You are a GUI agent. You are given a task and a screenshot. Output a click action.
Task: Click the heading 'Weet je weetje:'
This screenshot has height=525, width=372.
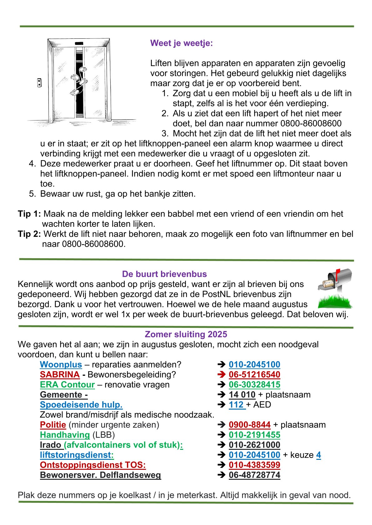(x=181, y=43)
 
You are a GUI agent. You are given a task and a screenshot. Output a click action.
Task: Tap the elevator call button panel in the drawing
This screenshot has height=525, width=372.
(x=39, y=83)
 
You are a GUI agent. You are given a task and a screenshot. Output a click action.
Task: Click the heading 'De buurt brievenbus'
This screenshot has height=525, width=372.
(x=164, y=274)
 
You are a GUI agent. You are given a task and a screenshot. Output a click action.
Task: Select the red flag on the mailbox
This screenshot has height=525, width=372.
(x=338, y=273)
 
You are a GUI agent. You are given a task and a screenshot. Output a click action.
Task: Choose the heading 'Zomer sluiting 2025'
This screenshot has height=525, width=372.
(x=186, y=334)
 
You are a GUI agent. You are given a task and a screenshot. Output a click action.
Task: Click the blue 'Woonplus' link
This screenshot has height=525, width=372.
(x=61, y=364)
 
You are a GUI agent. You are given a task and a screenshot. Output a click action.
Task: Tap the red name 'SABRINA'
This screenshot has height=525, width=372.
(x=60, y=374)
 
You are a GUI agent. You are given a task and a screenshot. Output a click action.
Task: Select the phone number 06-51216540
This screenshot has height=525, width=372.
(x=254, y=374)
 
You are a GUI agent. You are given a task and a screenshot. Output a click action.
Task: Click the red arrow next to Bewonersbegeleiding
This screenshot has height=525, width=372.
(x=221, y=374)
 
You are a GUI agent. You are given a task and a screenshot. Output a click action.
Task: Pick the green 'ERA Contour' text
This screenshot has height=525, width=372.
(x=67, y=384)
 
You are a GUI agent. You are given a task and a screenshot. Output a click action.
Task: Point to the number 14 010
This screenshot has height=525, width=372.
(x=242, y=395)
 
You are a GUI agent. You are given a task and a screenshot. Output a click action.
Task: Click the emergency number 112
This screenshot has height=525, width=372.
(x=236, y=405)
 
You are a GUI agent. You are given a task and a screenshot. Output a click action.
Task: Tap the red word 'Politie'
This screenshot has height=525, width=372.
(x=53, y=425)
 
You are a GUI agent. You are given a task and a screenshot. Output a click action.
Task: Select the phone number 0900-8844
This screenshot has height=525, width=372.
(x=249, y=425)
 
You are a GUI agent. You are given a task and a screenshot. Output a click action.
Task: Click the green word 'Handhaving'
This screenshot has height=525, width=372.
(x=65, y=435)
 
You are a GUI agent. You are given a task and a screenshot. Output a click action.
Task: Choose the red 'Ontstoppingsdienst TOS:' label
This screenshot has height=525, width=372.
(x=93, y=465)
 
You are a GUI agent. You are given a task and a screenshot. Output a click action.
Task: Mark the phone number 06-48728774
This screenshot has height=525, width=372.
(x=254, y=475)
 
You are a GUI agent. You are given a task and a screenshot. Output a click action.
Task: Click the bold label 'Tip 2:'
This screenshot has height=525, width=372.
(x=29, y=234)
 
